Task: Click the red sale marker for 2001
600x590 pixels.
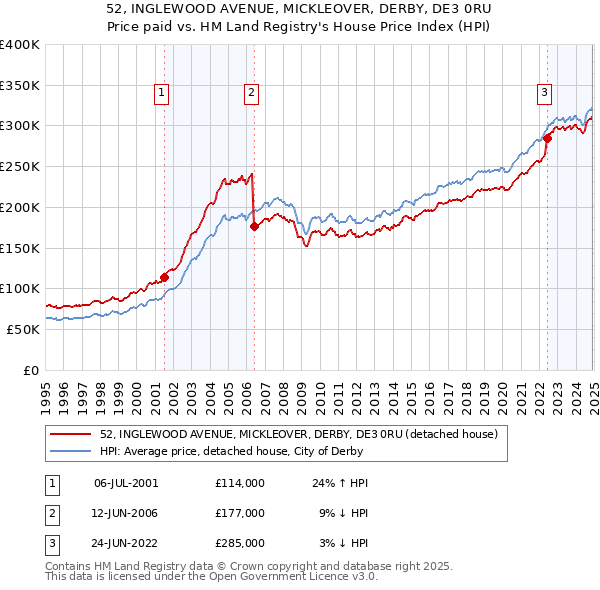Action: click(164, 278)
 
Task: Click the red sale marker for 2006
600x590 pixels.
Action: click(254, 226)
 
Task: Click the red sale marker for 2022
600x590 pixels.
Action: click(548, 138)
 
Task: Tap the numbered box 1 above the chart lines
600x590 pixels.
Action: click(162, 93)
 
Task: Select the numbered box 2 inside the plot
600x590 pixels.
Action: click(250, 93)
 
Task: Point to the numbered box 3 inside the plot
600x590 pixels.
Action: click(545, 93)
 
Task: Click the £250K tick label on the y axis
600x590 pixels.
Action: click(19, 166)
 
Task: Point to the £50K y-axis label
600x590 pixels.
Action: click(23, 329)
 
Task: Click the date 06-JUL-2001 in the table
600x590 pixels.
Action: click(126, 483)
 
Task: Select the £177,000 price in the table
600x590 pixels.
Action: click(239, 513)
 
